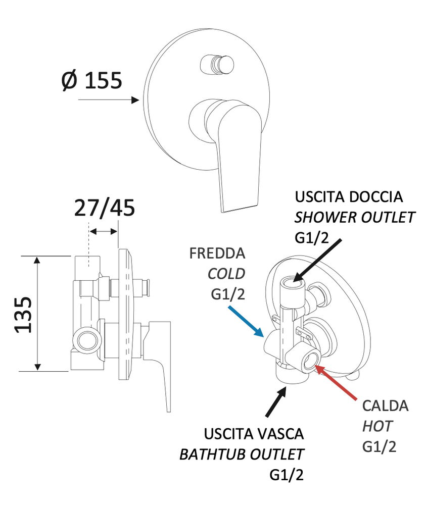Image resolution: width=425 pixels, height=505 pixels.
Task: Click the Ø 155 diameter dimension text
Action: point(92,80)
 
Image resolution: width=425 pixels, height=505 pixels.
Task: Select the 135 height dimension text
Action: point(22,314)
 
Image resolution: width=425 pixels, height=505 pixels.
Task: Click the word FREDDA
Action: point(218,253)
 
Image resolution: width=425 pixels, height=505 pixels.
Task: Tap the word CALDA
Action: point(385,406)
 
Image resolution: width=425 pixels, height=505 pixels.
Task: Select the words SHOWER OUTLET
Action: point(355,218)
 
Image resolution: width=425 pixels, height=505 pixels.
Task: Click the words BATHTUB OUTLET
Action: point(242,454)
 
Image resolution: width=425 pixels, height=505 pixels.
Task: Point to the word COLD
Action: point(226,274)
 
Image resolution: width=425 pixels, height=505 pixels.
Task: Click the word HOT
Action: point(377,426)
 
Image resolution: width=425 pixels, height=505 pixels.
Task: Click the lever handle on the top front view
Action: point(238,151)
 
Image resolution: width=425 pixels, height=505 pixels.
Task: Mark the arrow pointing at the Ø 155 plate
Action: point(109,100)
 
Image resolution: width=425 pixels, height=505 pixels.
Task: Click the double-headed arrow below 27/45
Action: point(104,231)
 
